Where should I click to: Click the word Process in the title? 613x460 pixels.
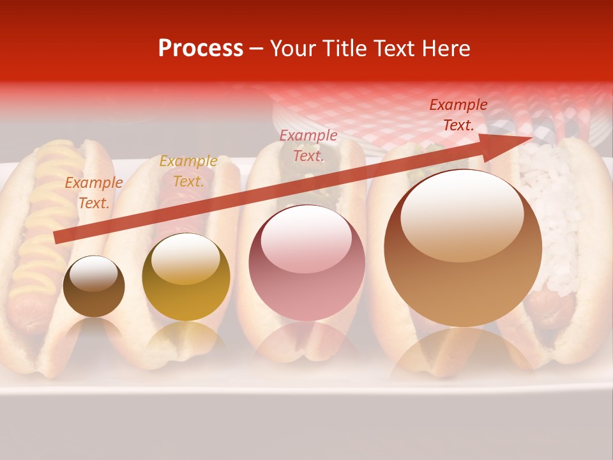point(201,49)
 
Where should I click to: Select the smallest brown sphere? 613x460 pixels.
point(94,287)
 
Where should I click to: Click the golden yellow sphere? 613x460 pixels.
point(186,277)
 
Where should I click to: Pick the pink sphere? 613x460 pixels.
point(306,263)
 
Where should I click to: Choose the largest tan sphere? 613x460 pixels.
point(463,248)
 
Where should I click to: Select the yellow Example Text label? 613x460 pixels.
point(188,171)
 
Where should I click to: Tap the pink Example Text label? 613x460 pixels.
point(308,146)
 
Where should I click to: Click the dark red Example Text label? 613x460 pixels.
point(458,115)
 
